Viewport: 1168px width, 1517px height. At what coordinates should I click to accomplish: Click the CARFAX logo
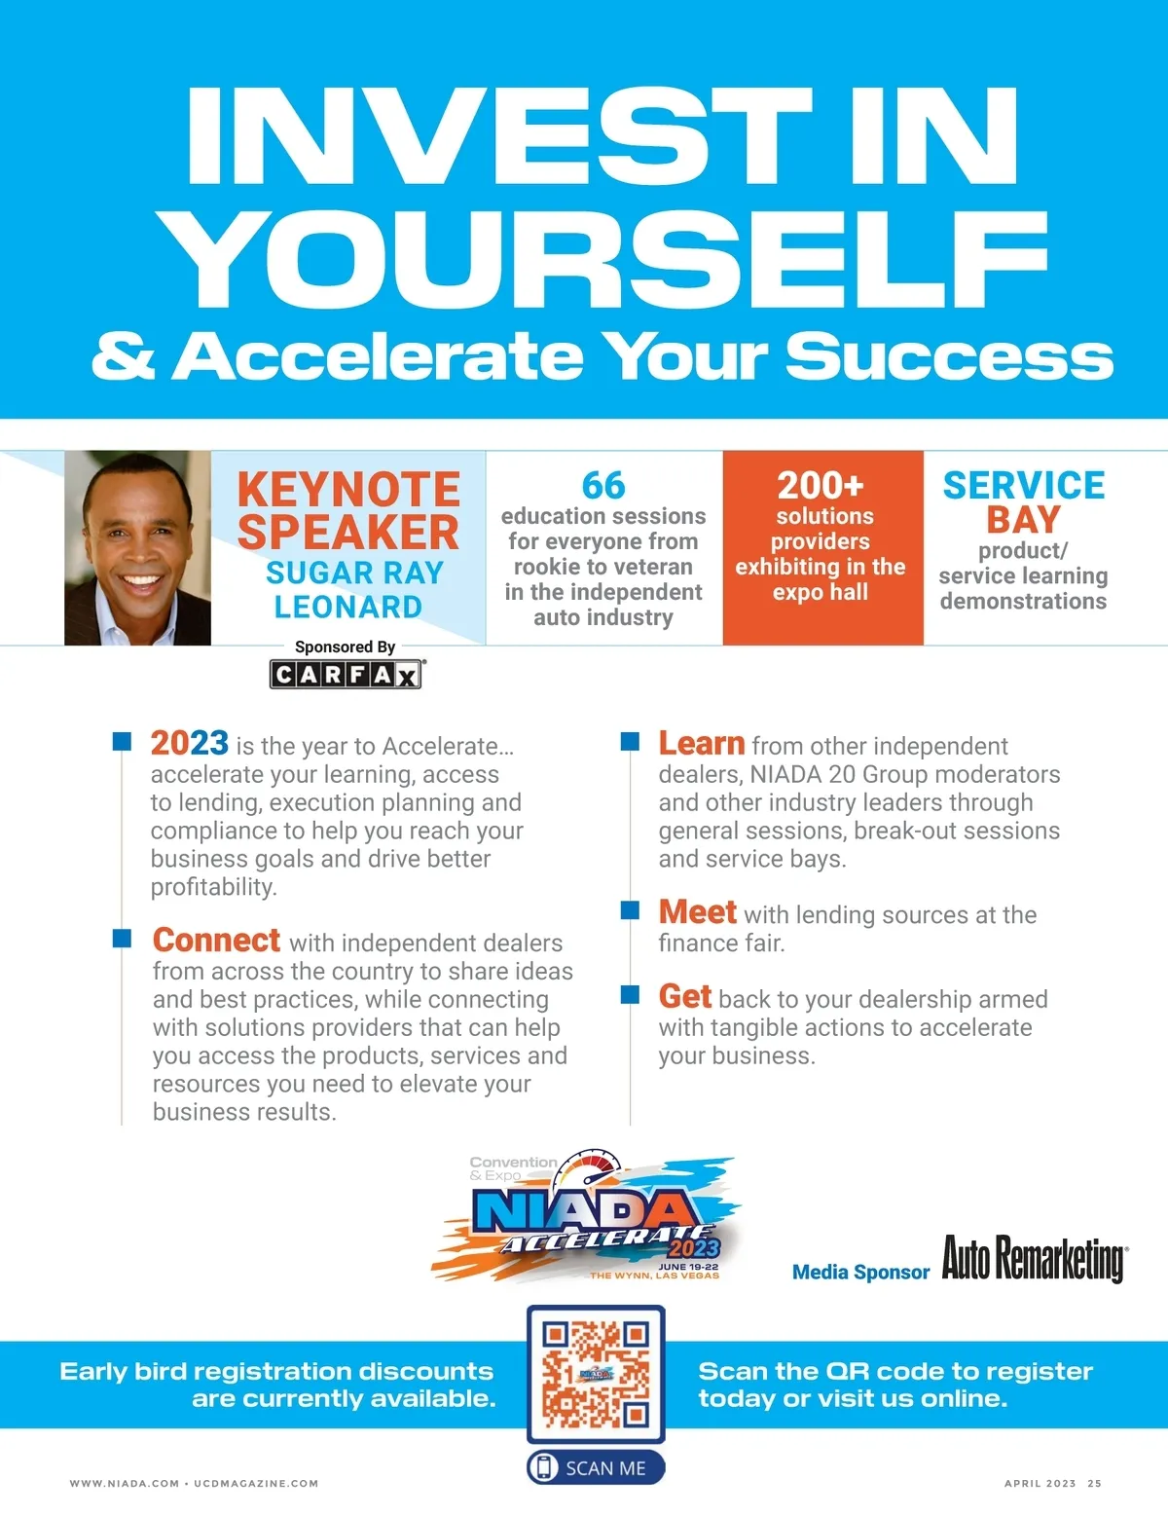point(347,675)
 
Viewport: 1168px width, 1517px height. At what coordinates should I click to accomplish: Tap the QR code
point(596,1374)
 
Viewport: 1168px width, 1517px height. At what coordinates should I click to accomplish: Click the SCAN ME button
point(596,1468)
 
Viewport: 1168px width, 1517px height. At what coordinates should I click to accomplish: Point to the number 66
point(603,485)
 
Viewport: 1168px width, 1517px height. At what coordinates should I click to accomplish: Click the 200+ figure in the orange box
point(821,485)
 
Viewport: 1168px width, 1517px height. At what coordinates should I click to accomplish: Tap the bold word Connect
point(216,940)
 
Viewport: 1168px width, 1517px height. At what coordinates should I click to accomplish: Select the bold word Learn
point(701,744)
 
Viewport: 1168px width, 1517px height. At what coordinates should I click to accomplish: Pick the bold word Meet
point(697,911)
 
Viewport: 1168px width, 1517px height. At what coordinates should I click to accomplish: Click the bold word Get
point(684,996)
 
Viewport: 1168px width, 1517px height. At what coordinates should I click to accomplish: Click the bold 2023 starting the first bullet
point(189,744)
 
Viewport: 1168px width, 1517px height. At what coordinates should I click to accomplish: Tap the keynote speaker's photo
point(137,548)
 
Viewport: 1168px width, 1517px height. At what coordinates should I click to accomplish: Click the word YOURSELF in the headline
point(605,259)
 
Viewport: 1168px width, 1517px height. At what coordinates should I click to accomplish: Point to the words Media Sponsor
point(860,1272)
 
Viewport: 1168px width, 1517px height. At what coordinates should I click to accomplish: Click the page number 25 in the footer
point(1094,1484)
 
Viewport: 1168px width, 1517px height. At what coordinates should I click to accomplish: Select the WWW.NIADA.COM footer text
point(125,1484)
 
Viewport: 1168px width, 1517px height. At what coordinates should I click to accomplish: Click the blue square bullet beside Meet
point(630,909)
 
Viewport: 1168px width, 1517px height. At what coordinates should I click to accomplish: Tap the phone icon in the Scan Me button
point(544,1467)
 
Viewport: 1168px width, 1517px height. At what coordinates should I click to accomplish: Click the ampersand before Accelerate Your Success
point(123,356)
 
